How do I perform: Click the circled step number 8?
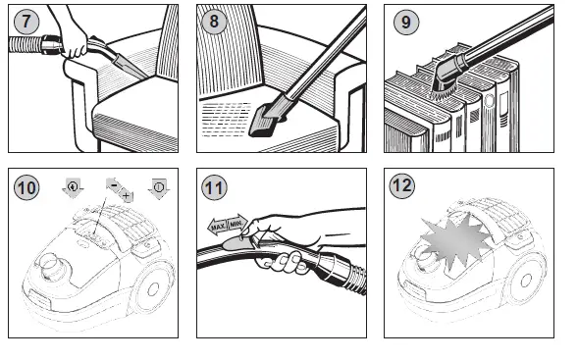pyautogui.click(x=213, y=21)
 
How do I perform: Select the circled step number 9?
pyautogui.click(x=402, y=21)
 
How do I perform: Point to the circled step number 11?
pyautogui.click(x=213, y=186)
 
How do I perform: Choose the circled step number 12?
pyautogui.click(x=402, y=186)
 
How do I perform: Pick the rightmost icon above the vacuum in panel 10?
pyautogui.click(x=160, y=187)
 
